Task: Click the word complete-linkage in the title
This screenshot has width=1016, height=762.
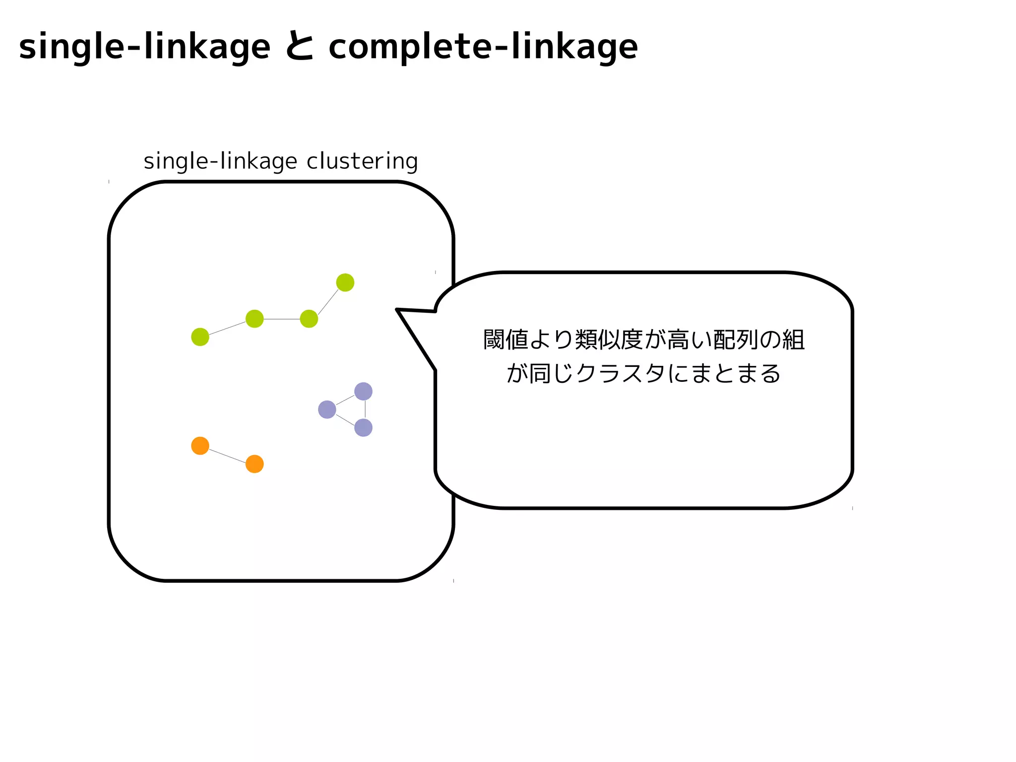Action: (x=483, y=47)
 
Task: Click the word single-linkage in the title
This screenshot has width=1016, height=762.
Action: (x=144, y=47)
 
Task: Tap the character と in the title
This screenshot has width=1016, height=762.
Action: (x=300, y=47)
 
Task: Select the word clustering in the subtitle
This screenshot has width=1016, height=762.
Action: (x=362, y=161)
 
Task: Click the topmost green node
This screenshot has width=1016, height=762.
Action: (x=345, y=282)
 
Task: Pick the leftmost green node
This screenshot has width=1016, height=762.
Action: (x=200, y=337)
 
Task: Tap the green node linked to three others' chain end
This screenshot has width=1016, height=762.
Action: (x=309, y=319)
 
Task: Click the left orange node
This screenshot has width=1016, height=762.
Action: (x=200, y=446)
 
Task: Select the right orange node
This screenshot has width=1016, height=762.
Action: (x=254, y=464)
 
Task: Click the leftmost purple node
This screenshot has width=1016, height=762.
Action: (x=327, y=410)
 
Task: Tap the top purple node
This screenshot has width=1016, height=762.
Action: (x=363, y=391)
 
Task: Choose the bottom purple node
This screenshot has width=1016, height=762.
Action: (x=363, y=427)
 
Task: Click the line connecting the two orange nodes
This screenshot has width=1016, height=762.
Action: (x=227, y=455)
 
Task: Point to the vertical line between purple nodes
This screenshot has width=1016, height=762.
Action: (x=365, y=410)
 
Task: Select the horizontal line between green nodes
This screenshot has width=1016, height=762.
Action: (x=281, y=319)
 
